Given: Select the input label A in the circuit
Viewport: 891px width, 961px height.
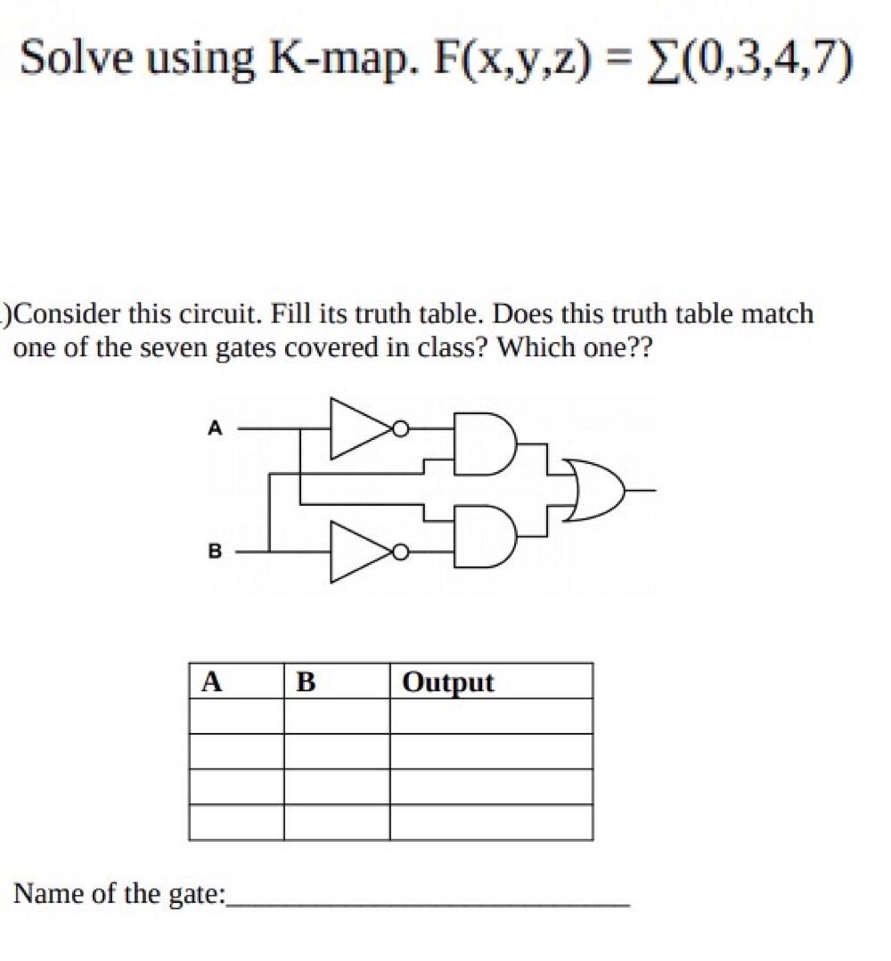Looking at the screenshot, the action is tap(213, 428).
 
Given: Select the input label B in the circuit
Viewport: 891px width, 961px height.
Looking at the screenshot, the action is tap(213, 552).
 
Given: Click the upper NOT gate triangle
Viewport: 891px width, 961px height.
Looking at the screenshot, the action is tap(360, 429).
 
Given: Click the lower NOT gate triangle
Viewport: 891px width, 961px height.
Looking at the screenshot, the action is tap(360, 553).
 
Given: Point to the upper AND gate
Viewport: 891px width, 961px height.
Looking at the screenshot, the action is tap(481, 443).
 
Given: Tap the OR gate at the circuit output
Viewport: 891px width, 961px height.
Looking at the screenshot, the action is tap(594, 490).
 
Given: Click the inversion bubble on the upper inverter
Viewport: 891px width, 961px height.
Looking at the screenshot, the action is tap(402, 430).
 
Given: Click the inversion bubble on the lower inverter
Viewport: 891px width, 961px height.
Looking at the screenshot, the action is tap(402, 553).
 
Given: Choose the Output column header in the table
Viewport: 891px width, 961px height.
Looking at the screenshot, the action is tap(447, 682).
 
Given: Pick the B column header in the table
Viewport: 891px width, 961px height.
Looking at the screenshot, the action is tap(306, 682).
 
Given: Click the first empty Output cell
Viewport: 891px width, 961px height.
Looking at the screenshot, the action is tap(491, 716).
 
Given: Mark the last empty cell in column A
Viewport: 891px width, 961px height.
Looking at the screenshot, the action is tap(236, 822).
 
